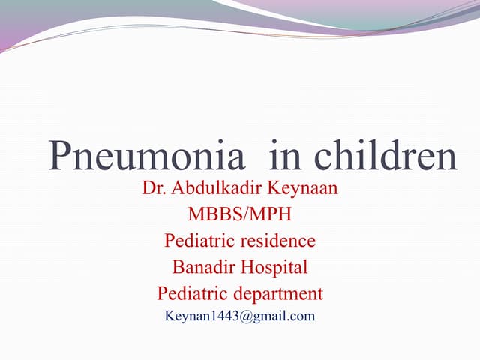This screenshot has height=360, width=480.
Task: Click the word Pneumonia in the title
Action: (x=147, y=157)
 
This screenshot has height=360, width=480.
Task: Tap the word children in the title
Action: (x=385, y=157)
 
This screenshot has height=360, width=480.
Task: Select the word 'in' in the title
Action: (x=285, y=157)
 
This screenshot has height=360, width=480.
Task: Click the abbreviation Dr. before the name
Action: (x=152, y=189)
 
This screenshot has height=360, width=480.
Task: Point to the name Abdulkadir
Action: (x=218, y=189)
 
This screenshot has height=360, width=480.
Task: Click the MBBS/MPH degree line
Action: (x=240, y=215)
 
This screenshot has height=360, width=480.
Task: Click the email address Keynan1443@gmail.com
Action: (x=240, y=316)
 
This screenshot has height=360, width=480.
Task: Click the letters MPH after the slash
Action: (x=271, y=215)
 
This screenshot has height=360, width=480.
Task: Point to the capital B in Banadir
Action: (x=178, y=267)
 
